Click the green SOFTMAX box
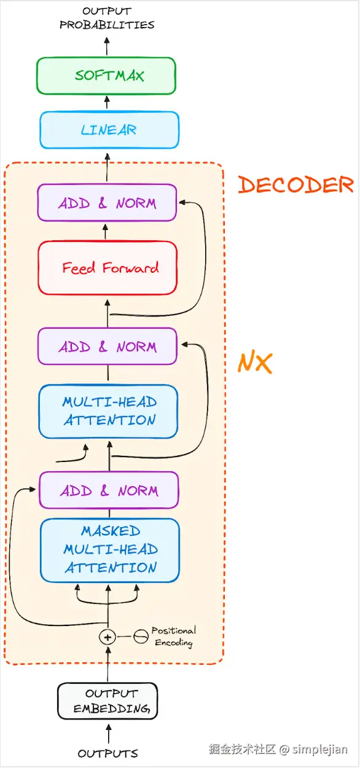pyautogui.click(x=106, y=76)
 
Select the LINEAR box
pyautogui.click(x=109, y=130)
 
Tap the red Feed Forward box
pyautogui.click(x=108, y=268)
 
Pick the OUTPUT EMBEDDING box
pyautogui.click(x=108, y=701)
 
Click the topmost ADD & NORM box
pyautogui.click(x=107, y=203)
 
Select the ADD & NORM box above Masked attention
pyautogui.click(x=109, y=490)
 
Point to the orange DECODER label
pyautogui.click(x=295, y=185)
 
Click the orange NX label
pyautogui.click(x=255, y=362)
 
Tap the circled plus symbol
pyautogui.click(x=108, y=637)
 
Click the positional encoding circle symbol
pyautogui.click(x=141, y=637)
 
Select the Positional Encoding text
pyautogui.click(x=174, y=637)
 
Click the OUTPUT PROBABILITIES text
pyautogui.click(x=107, y=18)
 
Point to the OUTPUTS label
pyautogui.click(x=108, y=753)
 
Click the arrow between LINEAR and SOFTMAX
pyautogui.click(x=107, y=102)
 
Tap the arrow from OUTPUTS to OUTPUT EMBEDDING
pyautogui.click(x=108, y=734)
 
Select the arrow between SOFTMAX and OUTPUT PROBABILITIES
pyautogui.click(x=107, y=46)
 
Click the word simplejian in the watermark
pyautogui.click(x=319, y=750)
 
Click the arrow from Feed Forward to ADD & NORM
pyautogui.click(x=105, y=232)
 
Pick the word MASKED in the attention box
pyautogui.click(x=111, y=531)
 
